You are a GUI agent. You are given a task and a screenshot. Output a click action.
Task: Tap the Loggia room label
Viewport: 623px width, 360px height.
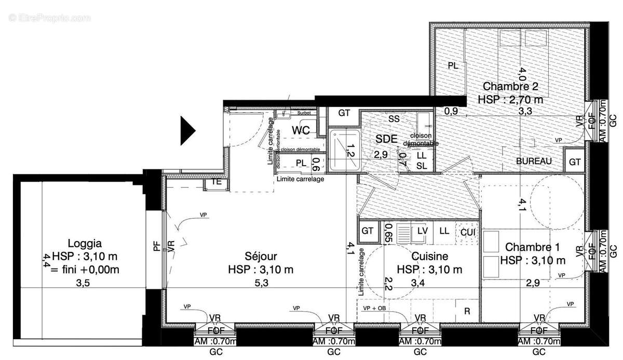coord(85,243)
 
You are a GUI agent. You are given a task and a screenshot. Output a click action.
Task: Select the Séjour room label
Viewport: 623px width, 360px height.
coord(261,256)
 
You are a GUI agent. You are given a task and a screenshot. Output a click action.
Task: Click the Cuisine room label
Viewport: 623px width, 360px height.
coord(429,256)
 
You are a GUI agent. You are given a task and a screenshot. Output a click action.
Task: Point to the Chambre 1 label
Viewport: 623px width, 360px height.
coord(532,247)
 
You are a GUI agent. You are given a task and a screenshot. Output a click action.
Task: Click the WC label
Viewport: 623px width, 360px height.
coord(300,130)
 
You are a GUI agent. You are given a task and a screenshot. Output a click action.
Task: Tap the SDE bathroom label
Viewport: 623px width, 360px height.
coord(387,139)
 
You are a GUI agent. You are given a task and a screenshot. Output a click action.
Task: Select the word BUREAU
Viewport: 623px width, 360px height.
coord(534,162)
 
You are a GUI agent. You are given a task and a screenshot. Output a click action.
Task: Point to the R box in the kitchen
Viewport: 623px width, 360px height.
coord(467,311)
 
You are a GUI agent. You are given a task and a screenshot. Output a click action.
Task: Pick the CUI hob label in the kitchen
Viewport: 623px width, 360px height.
coord(467,231)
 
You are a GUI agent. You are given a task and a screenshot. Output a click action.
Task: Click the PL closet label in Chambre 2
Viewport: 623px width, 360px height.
coord(453,66)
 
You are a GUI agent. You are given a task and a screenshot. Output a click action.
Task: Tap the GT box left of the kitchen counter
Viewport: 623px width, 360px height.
coord(368,231)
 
